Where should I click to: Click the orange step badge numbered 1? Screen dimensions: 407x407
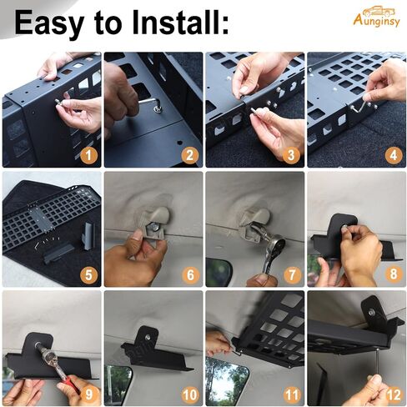click(x=88, y=155)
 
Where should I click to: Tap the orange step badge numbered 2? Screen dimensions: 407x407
click(x=190, y=155)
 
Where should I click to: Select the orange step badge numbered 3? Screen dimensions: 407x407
click(x=291, y=155)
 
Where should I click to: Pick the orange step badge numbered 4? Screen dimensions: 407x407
click(x=393, y=155)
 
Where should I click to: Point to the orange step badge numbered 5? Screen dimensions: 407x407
click(x=88, y=274)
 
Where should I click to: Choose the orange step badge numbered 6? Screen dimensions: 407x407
click(x=190, y=274)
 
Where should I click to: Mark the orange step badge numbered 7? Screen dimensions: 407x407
click(x=291, y=274)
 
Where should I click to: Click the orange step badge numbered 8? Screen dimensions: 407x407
click(x=393, y=274)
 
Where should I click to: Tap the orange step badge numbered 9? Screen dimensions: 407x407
click(x=88, y=394)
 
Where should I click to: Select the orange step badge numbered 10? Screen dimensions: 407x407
click(x=190, y=394)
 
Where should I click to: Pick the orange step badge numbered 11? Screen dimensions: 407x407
click(x=291, y=394)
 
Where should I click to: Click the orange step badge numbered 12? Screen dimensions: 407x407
click(x=393, y=394)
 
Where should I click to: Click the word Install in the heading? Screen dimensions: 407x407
click(x=180, y=23)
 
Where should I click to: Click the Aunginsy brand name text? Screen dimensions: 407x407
click(x=376, y=21)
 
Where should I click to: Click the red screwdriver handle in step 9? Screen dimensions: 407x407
click(x=68, y=382)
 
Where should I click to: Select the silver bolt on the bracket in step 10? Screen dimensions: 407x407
click(x=147, y=337)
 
